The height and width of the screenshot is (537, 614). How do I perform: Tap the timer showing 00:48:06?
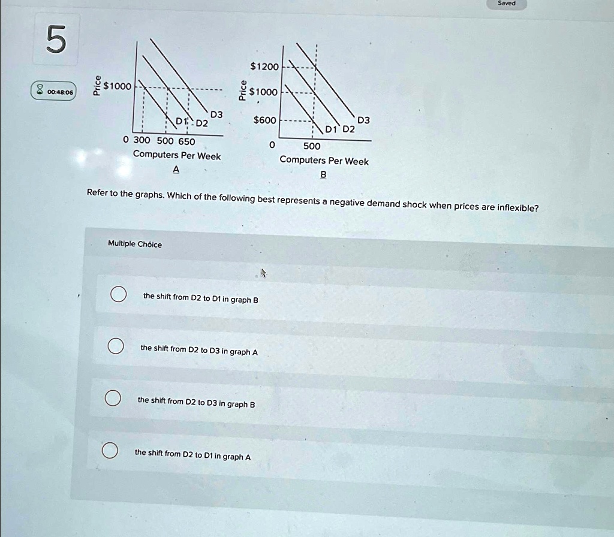(54, 92)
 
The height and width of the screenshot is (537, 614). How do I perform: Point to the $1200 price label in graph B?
(264, 67)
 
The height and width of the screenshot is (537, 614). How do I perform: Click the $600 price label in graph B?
(265, 120)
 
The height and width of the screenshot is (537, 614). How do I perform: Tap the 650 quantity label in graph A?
(186, 141)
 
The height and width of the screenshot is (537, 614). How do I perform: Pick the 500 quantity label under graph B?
(312, 146)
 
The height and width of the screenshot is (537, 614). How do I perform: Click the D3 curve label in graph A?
(216, 114)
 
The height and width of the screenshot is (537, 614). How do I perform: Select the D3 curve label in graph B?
(363, 120)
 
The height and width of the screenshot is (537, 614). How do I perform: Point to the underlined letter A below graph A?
(176, 170)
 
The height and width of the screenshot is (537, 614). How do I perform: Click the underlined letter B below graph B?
(323, 174)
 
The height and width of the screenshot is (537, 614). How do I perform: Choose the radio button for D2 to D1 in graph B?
(118, 295)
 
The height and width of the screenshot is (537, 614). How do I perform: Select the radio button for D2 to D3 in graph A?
(116, 346)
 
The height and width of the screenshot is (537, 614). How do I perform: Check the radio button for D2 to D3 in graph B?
(112, 399)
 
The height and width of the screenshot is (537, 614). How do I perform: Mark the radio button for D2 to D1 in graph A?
(109, 451)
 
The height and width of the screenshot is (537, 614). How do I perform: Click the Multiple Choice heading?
(135, 244)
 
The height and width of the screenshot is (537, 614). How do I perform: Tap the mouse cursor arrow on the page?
(263, 273)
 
